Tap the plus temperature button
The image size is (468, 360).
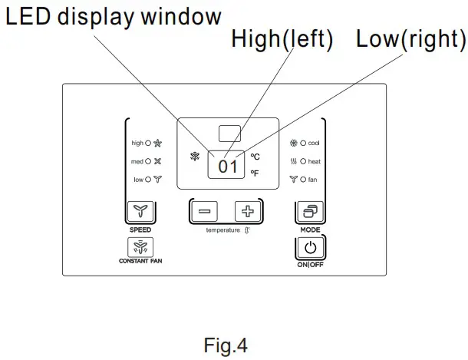click(x=247, y=212)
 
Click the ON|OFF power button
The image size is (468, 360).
click(x=309, y=249)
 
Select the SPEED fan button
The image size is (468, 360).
click(x=139, y=212)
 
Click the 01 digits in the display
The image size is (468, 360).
click(x=228, y=165)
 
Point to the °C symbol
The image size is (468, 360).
click(x=255, y=156)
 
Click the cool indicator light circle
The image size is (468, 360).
click(x=303, y=143)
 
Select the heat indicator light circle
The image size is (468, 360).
click(x=303, y=161)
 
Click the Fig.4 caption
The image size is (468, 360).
click(x=227, y=345)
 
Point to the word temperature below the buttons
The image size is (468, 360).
click(x=222, y=230)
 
